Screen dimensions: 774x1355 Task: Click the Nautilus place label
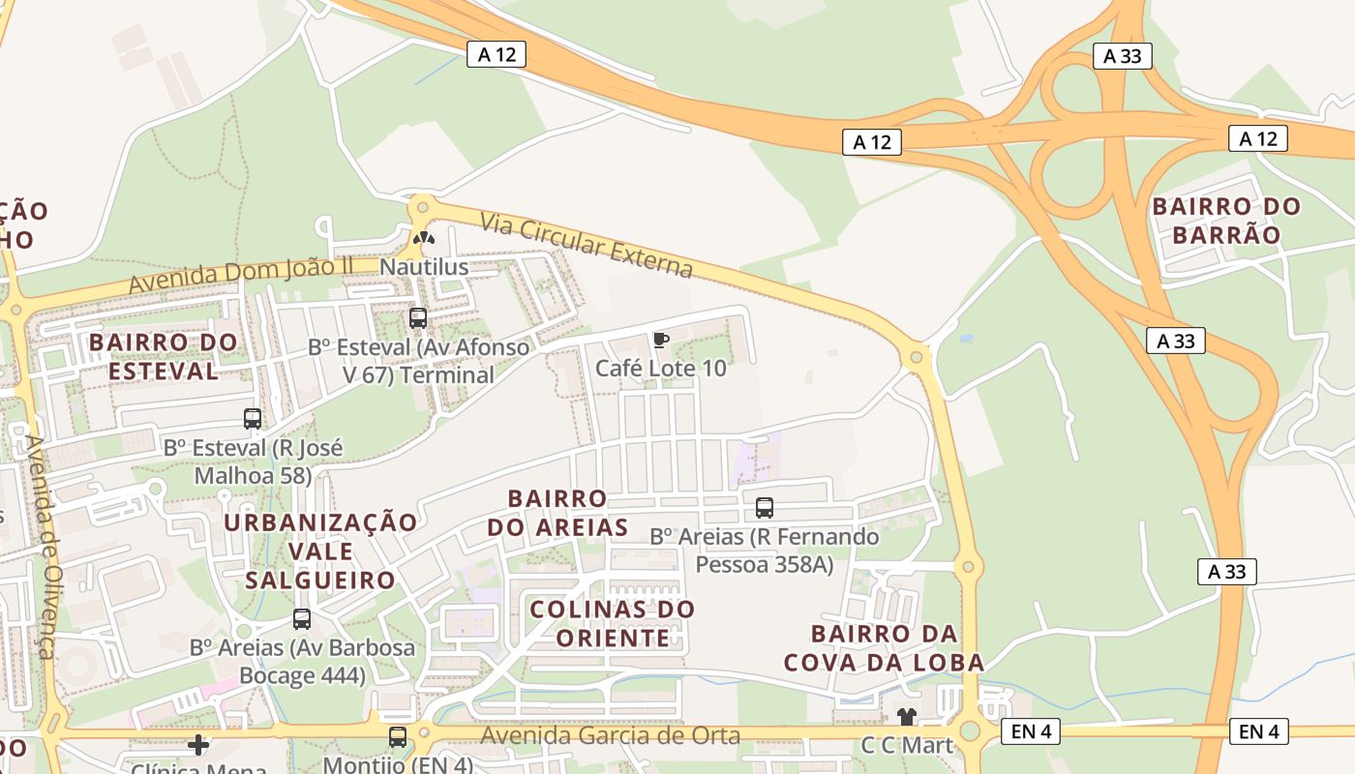click(424, 267)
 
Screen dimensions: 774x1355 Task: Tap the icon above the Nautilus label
click(424, 238)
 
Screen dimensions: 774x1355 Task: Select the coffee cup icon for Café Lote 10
click(660, 340)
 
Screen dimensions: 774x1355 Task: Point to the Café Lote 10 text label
click(660, 369)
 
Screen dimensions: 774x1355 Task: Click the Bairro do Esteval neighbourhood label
click(163, 356)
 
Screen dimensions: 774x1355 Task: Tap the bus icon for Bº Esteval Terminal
click(418, 317)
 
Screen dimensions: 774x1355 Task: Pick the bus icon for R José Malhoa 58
click(253, 419)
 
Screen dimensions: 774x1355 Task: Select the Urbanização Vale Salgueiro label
click(320, 551)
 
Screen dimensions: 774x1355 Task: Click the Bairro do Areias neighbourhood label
click(557, 513)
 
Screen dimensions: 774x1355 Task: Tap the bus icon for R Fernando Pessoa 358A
click(765, 507)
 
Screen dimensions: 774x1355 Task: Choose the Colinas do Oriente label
click(613, 624)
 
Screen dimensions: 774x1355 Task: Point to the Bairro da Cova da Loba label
click(884, 648)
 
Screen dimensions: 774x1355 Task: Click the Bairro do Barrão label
click(1226, 221)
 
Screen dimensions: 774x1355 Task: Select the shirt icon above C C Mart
click(906, 717)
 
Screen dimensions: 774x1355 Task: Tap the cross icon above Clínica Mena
click(198, 744)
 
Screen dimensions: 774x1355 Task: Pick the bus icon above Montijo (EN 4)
click(398, 737)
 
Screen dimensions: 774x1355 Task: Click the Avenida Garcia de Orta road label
click(611, 736)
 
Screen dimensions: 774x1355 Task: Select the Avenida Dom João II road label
click(241, 276)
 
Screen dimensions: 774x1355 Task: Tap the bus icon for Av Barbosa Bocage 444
click(302, 619)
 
